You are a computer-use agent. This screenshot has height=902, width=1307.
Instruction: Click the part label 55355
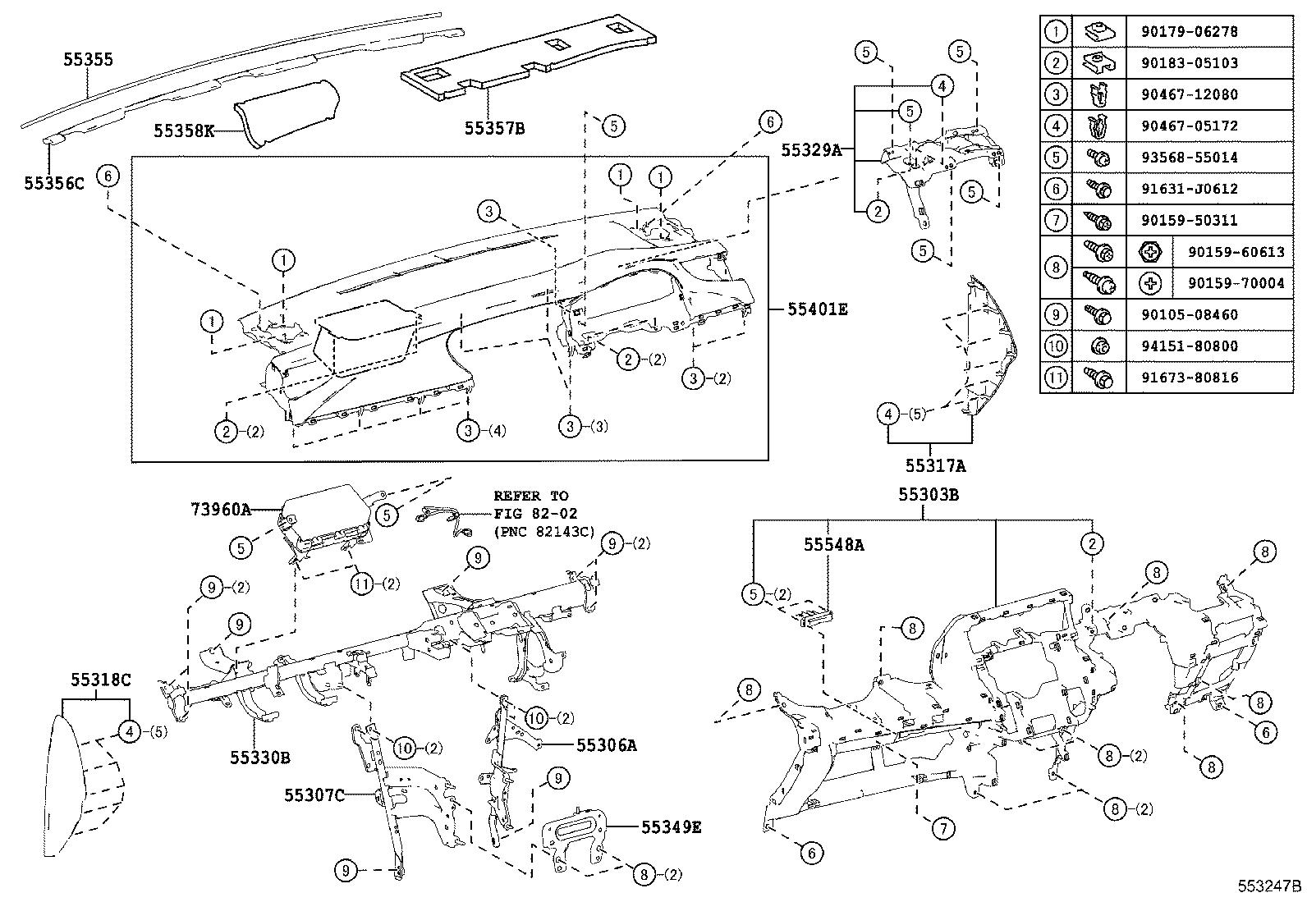[89, 60]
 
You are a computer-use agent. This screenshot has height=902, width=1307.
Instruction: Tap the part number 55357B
[493, 128]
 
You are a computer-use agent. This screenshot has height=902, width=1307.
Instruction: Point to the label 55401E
[817, 309]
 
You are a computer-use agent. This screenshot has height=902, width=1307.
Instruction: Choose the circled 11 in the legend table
[1056, 378]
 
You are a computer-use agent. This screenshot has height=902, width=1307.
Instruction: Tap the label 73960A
[221, 509]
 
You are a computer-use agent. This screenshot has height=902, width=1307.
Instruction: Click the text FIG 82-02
[535, 513]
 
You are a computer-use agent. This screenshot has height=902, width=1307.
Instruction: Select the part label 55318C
[101, 680]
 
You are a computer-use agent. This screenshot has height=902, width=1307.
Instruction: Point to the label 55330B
[259, 757]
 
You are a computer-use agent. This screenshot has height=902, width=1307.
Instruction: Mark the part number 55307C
[314, 794]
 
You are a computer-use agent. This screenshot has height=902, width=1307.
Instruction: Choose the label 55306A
[607, 744]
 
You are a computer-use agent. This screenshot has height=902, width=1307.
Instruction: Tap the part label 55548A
[833, 545]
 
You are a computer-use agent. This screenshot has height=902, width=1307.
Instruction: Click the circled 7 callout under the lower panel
[943, 829]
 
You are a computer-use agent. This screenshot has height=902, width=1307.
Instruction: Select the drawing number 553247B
[1270, 886]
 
